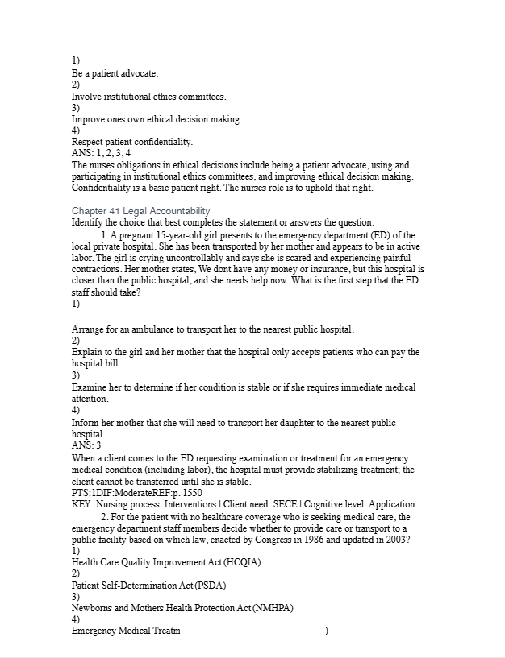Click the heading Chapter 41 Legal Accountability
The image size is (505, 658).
click(x=140, y=211)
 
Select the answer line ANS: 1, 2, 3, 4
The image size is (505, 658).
click(x=101, y=153)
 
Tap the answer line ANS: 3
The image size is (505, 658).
click(x=86, y=445)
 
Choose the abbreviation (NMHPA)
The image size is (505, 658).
click(x=273, y=608)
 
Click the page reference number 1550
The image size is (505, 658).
click(x=191, y=492)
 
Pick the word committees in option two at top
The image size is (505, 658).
click(x=202, y=97)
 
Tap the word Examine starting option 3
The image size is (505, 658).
click(x=90, y=387)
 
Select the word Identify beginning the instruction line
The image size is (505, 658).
click(x=88, y=223)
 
